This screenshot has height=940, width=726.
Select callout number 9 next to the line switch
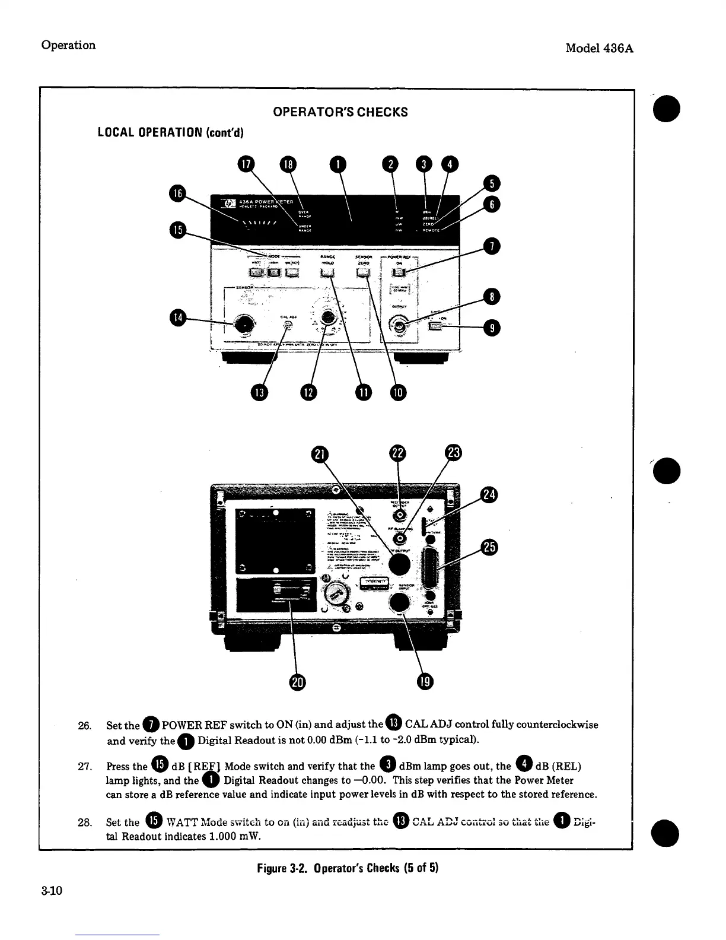pyautogui.click(x=492, y=328)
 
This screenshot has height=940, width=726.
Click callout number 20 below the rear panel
pyautogui.click(x=297, y=682)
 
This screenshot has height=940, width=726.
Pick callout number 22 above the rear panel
pyautogui.click(x=397, y=453)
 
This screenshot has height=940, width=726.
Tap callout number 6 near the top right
pyautogui.click(x=492, y=205)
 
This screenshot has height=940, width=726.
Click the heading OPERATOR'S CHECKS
pyautogui.click(x=340, y=112)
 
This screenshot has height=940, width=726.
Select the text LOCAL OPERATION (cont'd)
pyautogui.click(x=171, y=131)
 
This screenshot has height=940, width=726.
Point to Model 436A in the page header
pyautogui.click(x=599, y=48)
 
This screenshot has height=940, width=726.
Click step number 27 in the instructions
pyautogui.click(x=85, y=766)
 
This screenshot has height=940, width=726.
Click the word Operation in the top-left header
pyautogui.click(x=68, y=45)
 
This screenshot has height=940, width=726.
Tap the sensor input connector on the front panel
pyautogui.click(x=243, y=324)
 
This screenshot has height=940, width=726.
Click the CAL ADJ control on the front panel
pyautogui.click(x=289, y=325)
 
